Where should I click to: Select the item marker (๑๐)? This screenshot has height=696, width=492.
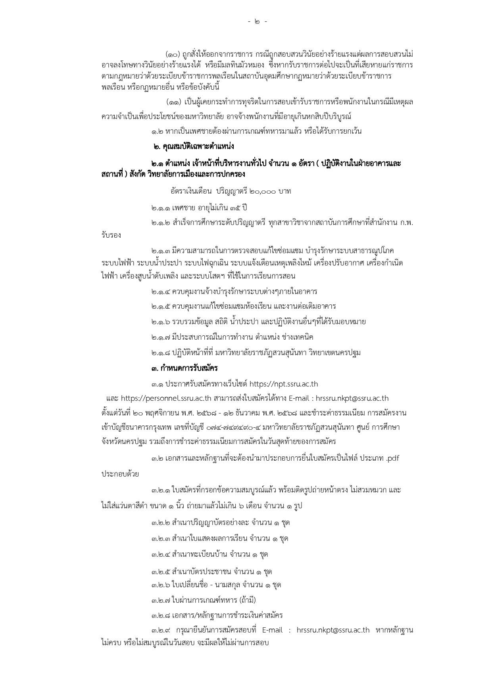pos(173,54)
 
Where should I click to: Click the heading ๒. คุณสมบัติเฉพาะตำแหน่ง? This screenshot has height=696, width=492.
pos(194,147)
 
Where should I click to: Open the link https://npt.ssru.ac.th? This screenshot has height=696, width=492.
pos(283,384)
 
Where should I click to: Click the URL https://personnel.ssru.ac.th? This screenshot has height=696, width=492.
pos(166,398)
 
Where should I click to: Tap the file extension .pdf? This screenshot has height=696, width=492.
pos(392,459)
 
